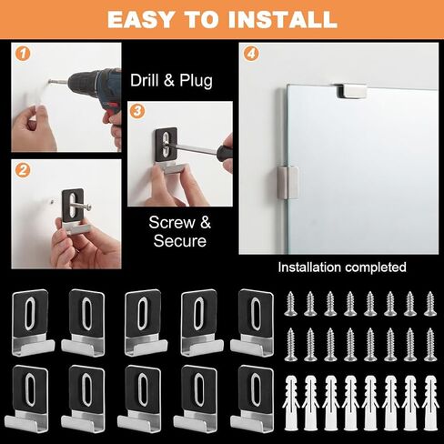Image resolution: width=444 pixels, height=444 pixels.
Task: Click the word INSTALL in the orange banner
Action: (x=283, y=20)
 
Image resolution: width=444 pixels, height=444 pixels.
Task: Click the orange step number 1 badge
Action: (x=23, y=54)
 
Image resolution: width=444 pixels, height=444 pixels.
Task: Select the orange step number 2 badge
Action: (x=23, y=170)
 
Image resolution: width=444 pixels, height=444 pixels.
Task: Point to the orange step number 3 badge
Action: (x=137, y=111)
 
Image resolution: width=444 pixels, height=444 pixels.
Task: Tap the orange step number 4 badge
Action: (x=251, y=54)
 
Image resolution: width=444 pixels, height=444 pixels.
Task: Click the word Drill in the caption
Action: (x=145, y=81)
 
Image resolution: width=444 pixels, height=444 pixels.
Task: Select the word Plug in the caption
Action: (x=196, y=81)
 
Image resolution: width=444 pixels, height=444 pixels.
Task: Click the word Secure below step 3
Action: (x=180, y=241)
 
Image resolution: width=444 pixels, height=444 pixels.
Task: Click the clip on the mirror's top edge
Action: (x=351, y=91)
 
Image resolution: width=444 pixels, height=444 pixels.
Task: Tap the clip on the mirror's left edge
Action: (x=288, y=183)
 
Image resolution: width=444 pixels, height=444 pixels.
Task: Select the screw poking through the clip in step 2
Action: (x=80, y=207)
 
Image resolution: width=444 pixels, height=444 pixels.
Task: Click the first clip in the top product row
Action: (x=33, y=323)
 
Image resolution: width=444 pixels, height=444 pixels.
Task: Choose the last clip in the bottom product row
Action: (x=252, y=399)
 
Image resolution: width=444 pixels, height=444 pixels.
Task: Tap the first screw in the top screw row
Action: (x=290, y=304)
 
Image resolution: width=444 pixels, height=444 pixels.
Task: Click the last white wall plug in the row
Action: (x=430, y=403)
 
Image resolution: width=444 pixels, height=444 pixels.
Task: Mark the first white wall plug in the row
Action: (x=291, y=403)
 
